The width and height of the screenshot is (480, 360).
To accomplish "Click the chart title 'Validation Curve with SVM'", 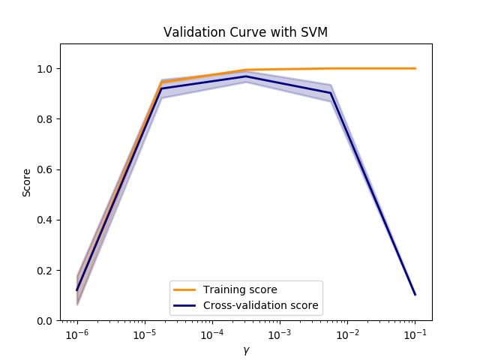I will click(245, 32).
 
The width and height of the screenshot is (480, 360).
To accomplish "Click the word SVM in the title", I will click(315, 32).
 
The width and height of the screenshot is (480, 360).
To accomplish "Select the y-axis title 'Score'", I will click(27, 182).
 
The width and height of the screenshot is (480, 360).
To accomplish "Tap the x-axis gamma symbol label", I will click(246, 349).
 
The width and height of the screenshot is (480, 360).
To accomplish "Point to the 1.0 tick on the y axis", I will click(46, 69).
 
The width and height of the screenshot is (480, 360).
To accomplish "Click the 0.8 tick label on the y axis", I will click(46, 119).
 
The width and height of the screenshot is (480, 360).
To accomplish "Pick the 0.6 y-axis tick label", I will click(46, 169).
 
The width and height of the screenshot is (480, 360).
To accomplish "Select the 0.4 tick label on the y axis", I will click(46, 220).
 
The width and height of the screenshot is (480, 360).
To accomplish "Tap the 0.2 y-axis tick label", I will click(46, 270).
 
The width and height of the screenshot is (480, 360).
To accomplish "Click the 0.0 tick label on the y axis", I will click(46, 320).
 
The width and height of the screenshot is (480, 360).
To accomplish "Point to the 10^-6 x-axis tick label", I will click(76, 334).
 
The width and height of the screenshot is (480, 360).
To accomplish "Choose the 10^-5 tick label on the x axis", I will click(144, 334).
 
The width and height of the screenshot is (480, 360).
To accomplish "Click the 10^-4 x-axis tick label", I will click(211, 334).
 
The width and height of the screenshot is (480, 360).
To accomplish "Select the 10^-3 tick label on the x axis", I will click(279, 334).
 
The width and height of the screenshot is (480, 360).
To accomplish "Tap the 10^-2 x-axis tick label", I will click(346, 334).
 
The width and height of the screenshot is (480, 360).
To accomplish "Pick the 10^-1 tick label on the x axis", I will click(414, 334).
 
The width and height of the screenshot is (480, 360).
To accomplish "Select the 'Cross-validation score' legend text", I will click(261, 305).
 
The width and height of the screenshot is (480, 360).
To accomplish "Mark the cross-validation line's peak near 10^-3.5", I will click(246, 76).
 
